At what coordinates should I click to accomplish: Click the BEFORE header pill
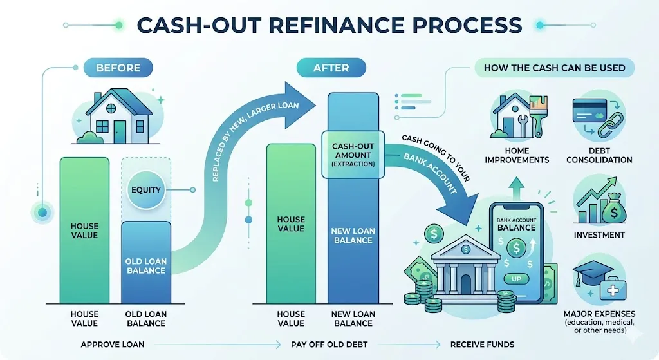118,67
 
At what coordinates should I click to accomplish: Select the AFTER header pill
331,67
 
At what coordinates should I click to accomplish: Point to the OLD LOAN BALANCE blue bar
145,264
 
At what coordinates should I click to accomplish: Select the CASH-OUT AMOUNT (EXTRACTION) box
352,155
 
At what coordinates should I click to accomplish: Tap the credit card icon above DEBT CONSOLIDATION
588,110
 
